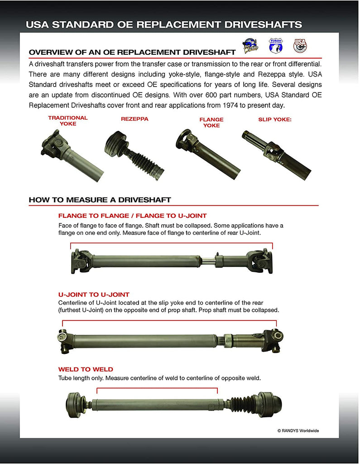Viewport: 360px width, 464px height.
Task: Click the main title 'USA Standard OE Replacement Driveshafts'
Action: pyautogui.click(x=163, y=24)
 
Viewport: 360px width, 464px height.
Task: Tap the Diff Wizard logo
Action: pyautogui.click(x=250, y=46)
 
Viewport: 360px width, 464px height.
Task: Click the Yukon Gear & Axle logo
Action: pyautogui.click(x=275, y=45)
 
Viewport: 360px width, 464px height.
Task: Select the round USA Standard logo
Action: pyautogui.click(x=299, y=45)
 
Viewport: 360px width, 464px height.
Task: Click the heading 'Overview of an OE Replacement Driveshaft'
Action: pyautogui.click(x=132, y=52)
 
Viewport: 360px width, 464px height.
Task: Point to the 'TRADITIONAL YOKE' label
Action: pyautogui.click(x=68, y=121)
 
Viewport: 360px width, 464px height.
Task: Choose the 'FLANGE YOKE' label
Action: pyautogui.click(x=211, y=122)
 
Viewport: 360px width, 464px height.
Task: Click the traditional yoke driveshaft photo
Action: pyautogui.click(x=72, y=155)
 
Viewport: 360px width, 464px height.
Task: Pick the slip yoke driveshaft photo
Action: pyautogui.click(x=276, y=155)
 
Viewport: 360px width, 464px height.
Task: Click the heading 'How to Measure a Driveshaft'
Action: pyautogui.click(x=100, y=200)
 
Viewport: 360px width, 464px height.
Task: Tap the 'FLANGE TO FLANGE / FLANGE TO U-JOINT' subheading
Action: pyautogui.click(x=132, y=216)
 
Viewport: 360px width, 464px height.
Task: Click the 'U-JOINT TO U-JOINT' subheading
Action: pyautogui.click(x=94, y=295)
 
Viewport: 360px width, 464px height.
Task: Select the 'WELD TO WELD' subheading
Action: pyautogui.click(x=86, y=369)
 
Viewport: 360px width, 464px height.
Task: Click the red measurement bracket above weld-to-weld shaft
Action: pyautogui.click(x=157, y=388)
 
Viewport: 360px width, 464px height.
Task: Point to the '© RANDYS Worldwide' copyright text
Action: pyautogui.click(x=298, y=430)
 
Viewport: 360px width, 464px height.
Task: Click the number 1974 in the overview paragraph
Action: pyautogui.click(x=242, y=105)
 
